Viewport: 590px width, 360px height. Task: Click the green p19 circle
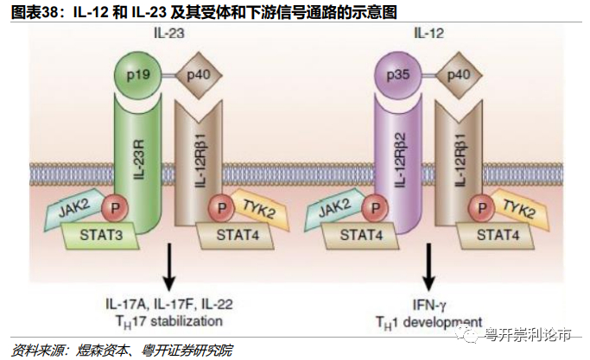[x=136, y=75]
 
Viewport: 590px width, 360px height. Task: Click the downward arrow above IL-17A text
[x=168, y=267]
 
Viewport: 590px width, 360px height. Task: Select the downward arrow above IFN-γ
[x=428, y=267]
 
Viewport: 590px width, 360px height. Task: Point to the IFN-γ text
[x=428, y=303]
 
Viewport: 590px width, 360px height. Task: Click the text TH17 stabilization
[x=168, y=320]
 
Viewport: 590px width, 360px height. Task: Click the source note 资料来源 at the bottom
[x=35, y=350]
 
